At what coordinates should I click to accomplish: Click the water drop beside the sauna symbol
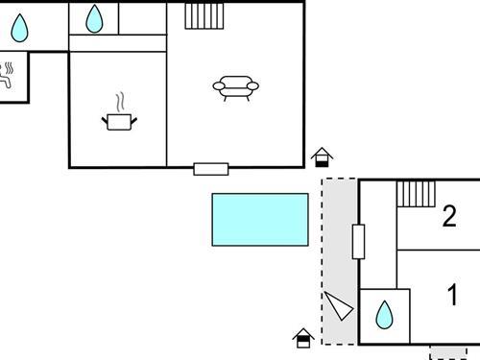pyautogui.click(x=19, y=28)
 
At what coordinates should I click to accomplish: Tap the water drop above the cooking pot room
pyautogui.click(x=94, y=18)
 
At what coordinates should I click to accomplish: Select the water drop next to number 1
pyautogui.click(x=384, y=314)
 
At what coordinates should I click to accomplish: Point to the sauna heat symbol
pyautogui.click(x=8, y=76)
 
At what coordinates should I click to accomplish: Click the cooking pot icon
pyautogui.click(x=120, y=121)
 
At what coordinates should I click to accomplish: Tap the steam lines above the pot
pyautogui.click(x=120, y=102)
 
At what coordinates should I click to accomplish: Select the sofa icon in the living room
pyautogui.click(x=235, y=88)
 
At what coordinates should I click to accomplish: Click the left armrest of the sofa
pyautogui.click(x=217, y=87)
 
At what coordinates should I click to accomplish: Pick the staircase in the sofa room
pyautogui.click(x=204, y=15)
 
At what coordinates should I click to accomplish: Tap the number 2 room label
pyautogui.click(x=448, y=217)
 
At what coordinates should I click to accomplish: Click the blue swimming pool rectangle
pyautogui.click(x=260, y=219)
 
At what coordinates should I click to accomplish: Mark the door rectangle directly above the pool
pyautogui.click(x=210, y=169)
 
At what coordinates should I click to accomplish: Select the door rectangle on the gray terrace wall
pyautogui.click(x=358, y=241)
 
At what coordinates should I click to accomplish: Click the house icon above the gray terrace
pyautogui.click(x=323, y=156)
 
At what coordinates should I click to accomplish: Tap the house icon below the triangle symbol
pyautogui.click(x=303, y=337)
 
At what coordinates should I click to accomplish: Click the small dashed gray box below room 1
pyautogui.click(x=448, y=351)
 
